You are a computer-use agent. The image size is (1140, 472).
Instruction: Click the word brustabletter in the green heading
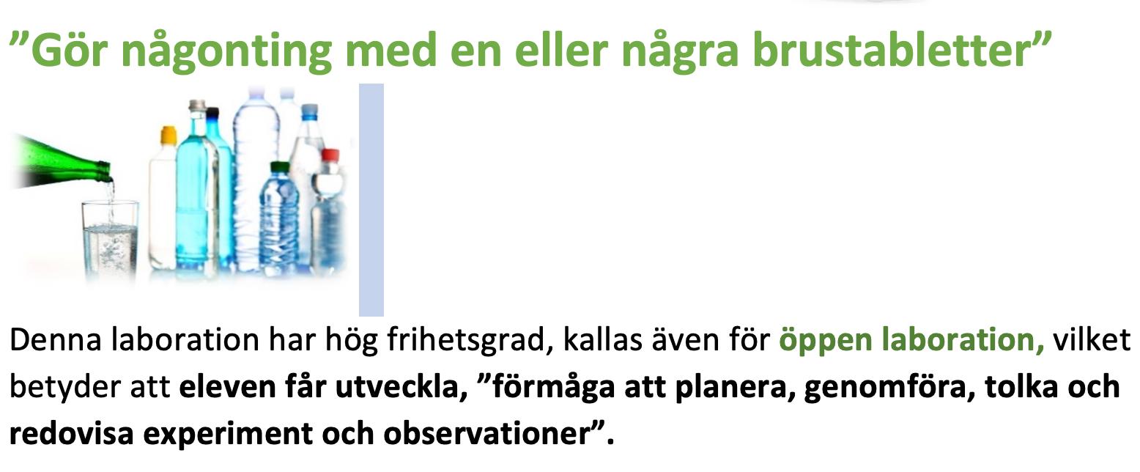click(x=893, y=49)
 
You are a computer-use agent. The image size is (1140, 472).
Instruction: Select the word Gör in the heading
click(x=70, y=49)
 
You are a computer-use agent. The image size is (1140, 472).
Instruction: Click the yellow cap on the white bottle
click(x=169, y=134)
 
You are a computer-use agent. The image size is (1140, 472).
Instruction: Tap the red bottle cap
click(x=330, y=155)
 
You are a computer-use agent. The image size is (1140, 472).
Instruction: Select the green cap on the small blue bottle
click(x=279, y=167)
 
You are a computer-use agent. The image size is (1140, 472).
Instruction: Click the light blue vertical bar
click(x=371, y=200)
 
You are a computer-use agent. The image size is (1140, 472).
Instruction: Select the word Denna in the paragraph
click(x=56, y=339)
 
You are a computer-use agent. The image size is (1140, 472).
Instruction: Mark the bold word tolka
click(x=1021, y=387)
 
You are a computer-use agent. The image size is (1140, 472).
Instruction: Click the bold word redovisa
click(x=72, y=434)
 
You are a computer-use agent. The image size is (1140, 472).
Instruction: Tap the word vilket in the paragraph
click(x=1092, y=339)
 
